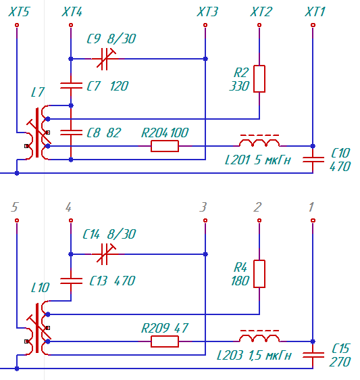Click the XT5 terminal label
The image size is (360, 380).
tap(19, 12)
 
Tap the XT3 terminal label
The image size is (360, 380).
tap(207, 12)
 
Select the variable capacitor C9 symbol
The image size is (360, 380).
tap(106, 59)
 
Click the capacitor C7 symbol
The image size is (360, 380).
tap(71, 86)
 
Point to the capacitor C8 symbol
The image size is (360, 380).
tap(71, 133)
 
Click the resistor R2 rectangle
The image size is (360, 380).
tap(259, 78)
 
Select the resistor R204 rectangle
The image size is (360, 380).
tap(165, 146)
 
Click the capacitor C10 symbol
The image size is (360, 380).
tap(313, 160)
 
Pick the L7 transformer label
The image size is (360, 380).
tap(38, 93)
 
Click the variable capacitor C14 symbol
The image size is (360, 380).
tap(106, 254)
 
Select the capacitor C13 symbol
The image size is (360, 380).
tap(71, 281)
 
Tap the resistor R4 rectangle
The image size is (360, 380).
tap(259, 274)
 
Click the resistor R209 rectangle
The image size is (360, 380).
tap(165, 341)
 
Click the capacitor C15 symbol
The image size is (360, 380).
tap(313, 355)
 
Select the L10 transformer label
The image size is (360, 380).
tap(41, 287)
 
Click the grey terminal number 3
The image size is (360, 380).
tap(203, 207)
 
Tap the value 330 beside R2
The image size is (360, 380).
tap(239, 86)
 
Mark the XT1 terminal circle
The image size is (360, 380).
tap(313, 25)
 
